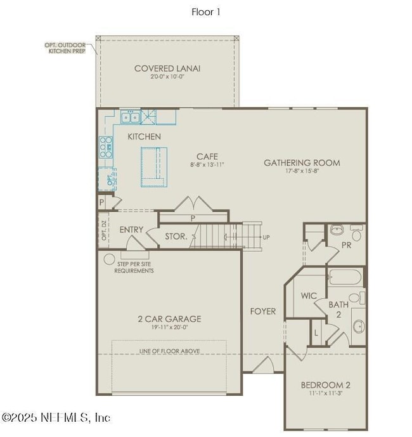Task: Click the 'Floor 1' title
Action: (206, 11)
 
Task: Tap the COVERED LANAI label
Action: (167, 68)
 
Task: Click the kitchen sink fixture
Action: (131, 117)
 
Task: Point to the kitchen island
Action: (155, 167)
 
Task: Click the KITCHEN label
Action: (144, 136)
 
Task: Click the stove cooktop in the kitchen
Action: (105, 148)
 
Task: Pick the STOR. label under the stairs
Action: (176, 237)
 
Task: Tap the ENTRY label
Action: (131, 230)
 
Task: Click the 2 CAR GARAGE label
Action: (169, 319)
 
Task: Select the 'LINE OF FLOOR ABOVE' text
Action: (169, 351)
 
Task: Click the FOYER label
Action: (263, 311)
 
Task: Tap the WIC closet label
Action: (309, 296)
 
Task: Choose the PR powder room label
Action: (347, 244)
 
